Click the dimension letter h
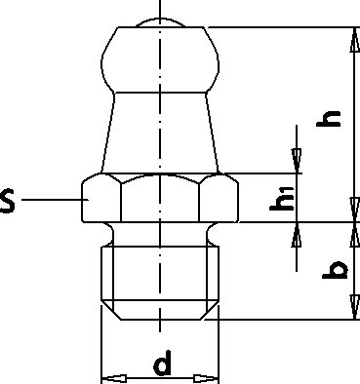pos(329,119)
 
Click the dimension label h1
pos(282,199)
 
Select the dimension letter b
pos(336,270)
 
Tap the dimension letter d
pos(162,363)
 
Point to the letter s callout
pos(7,201)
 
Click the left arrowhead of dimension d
pos(114,378)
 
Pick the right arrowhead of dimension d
pos(207,378)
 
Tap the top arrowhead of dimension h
pos(354,40)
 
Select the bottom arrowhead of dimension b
pos(354,307)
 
